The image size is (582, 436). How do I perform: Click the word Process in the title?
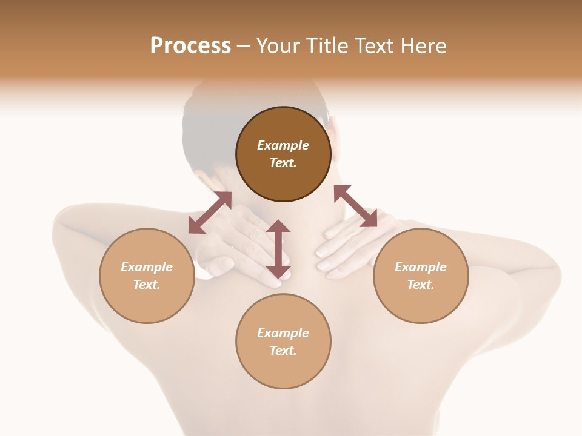190,46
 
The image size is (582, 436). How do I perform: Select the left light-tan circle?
147,276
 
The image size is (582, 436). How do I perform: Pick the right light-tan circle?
421,276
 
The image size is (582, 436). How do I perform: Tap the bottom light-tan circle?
283,341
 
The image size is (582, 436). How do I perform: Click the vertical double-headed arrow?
278,249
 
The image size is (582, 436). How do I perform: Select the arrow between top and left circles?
210,213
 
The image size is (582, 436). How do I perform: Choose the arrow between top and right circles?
356,206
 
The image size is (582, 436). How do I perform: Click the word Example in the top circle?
283,145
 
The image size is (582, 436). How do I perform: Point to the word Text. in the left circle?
147,285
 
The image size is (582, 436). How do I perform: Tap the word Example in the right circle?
421,267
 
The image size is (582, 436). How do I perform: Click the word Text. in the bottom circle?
283,351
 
